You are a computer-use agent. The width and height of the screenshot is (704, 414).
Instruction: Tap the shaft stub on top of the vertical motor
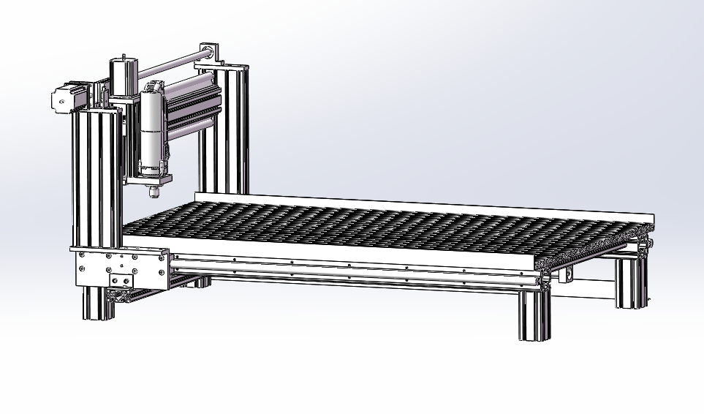[124, 56]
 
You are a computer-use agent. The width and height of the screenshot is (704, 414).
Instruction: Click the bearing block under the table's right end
[564, 273]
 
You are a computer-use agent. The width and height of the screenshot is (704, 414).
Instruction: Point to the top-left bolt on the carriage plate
[81, 255]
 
